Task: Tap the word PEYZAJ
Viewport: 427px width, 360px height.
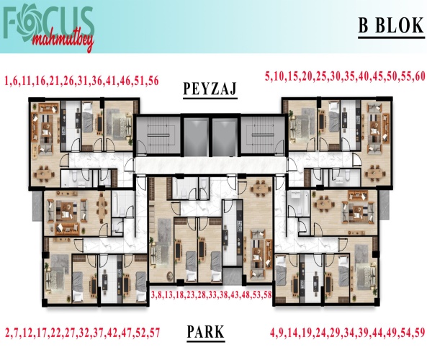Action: click(x=210, y=89)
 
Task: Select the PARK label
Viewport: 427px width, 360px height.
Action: click(x=206, y=331)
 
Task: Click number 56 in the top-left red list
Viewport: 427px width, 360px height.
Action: click(x=153, y=81)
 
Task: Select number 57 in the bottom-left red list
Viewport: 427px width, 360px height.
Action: click(x=154, y=333)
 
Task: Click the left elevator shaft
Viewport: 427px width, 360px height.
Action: click(x=196, y=137)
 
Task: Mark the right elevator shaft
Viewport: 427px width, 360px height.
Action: click(x=225, y=137)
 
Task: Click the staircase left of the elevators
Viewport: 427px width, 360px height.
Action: click(x=158, y=135)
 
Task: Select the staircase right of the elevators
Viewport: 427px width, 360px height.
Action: click(x=263, y=135)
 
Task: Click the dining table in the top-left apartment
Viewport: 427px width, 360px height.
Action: click(x=44, y=174)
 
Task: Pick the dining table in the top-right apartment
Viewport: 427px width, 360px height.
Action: click(x=376, y=172)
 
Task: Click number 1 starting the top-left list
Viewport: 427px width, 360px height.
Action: click(x=6, y=81)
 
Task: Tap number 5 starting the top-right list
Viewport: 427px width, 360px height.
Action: click(x=268, y=76)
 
